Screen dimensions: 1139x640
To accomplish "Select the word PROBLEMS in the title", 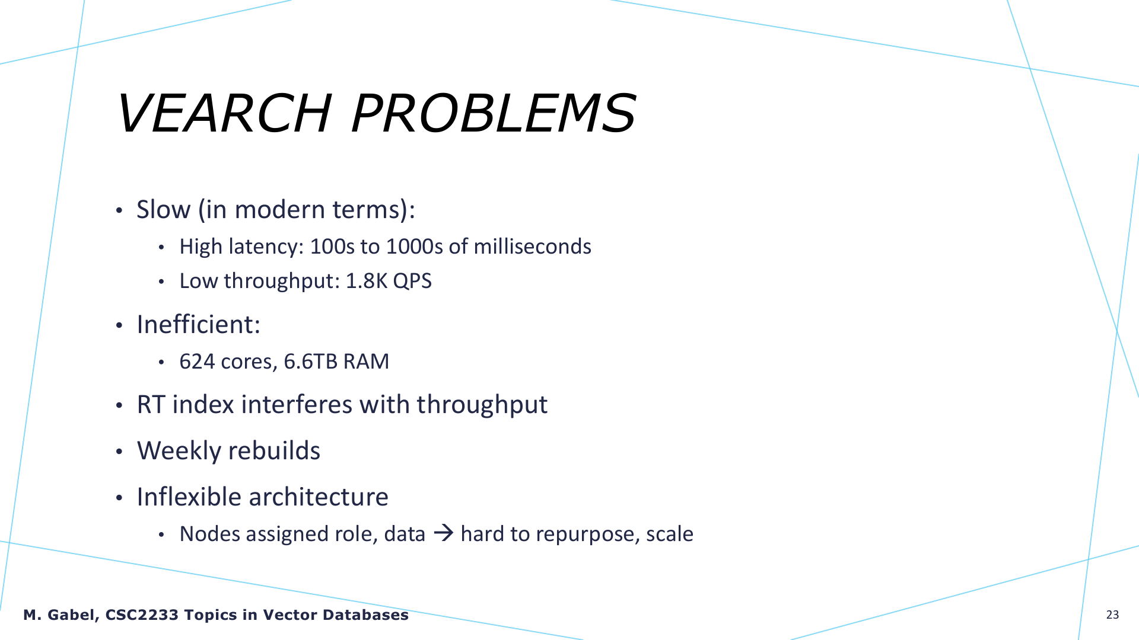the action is (494, 113).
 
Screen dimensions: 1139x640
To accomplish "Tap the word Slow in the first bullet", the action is (164, 209).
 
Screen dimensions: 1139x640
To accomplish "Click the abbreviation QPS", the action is (412, 281).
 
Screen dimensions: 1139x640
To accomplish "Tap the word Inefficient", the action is (196, 324).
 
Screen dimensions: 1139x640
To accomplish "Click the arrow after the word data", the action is (443, 533).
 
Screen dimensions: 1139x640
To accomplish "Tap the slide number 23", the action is (1112, 615).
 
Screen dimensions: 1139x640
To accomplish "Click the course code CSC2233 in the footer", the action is (142, 615).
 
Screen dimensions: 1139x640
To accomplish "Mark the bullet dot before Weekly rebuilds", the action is (119, 452).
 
